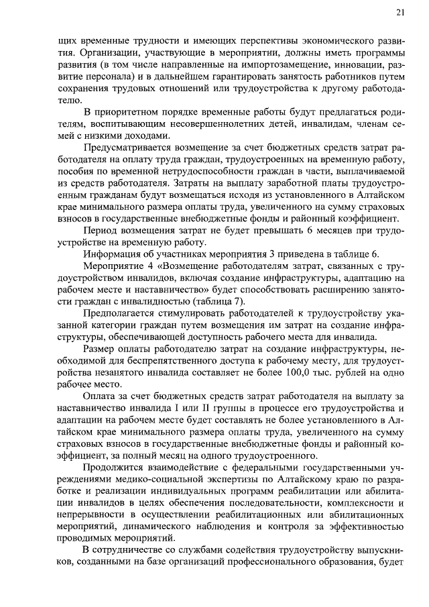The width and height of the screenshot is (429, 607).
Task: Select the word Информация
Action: pyautogui.click(x=111, y=254)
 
